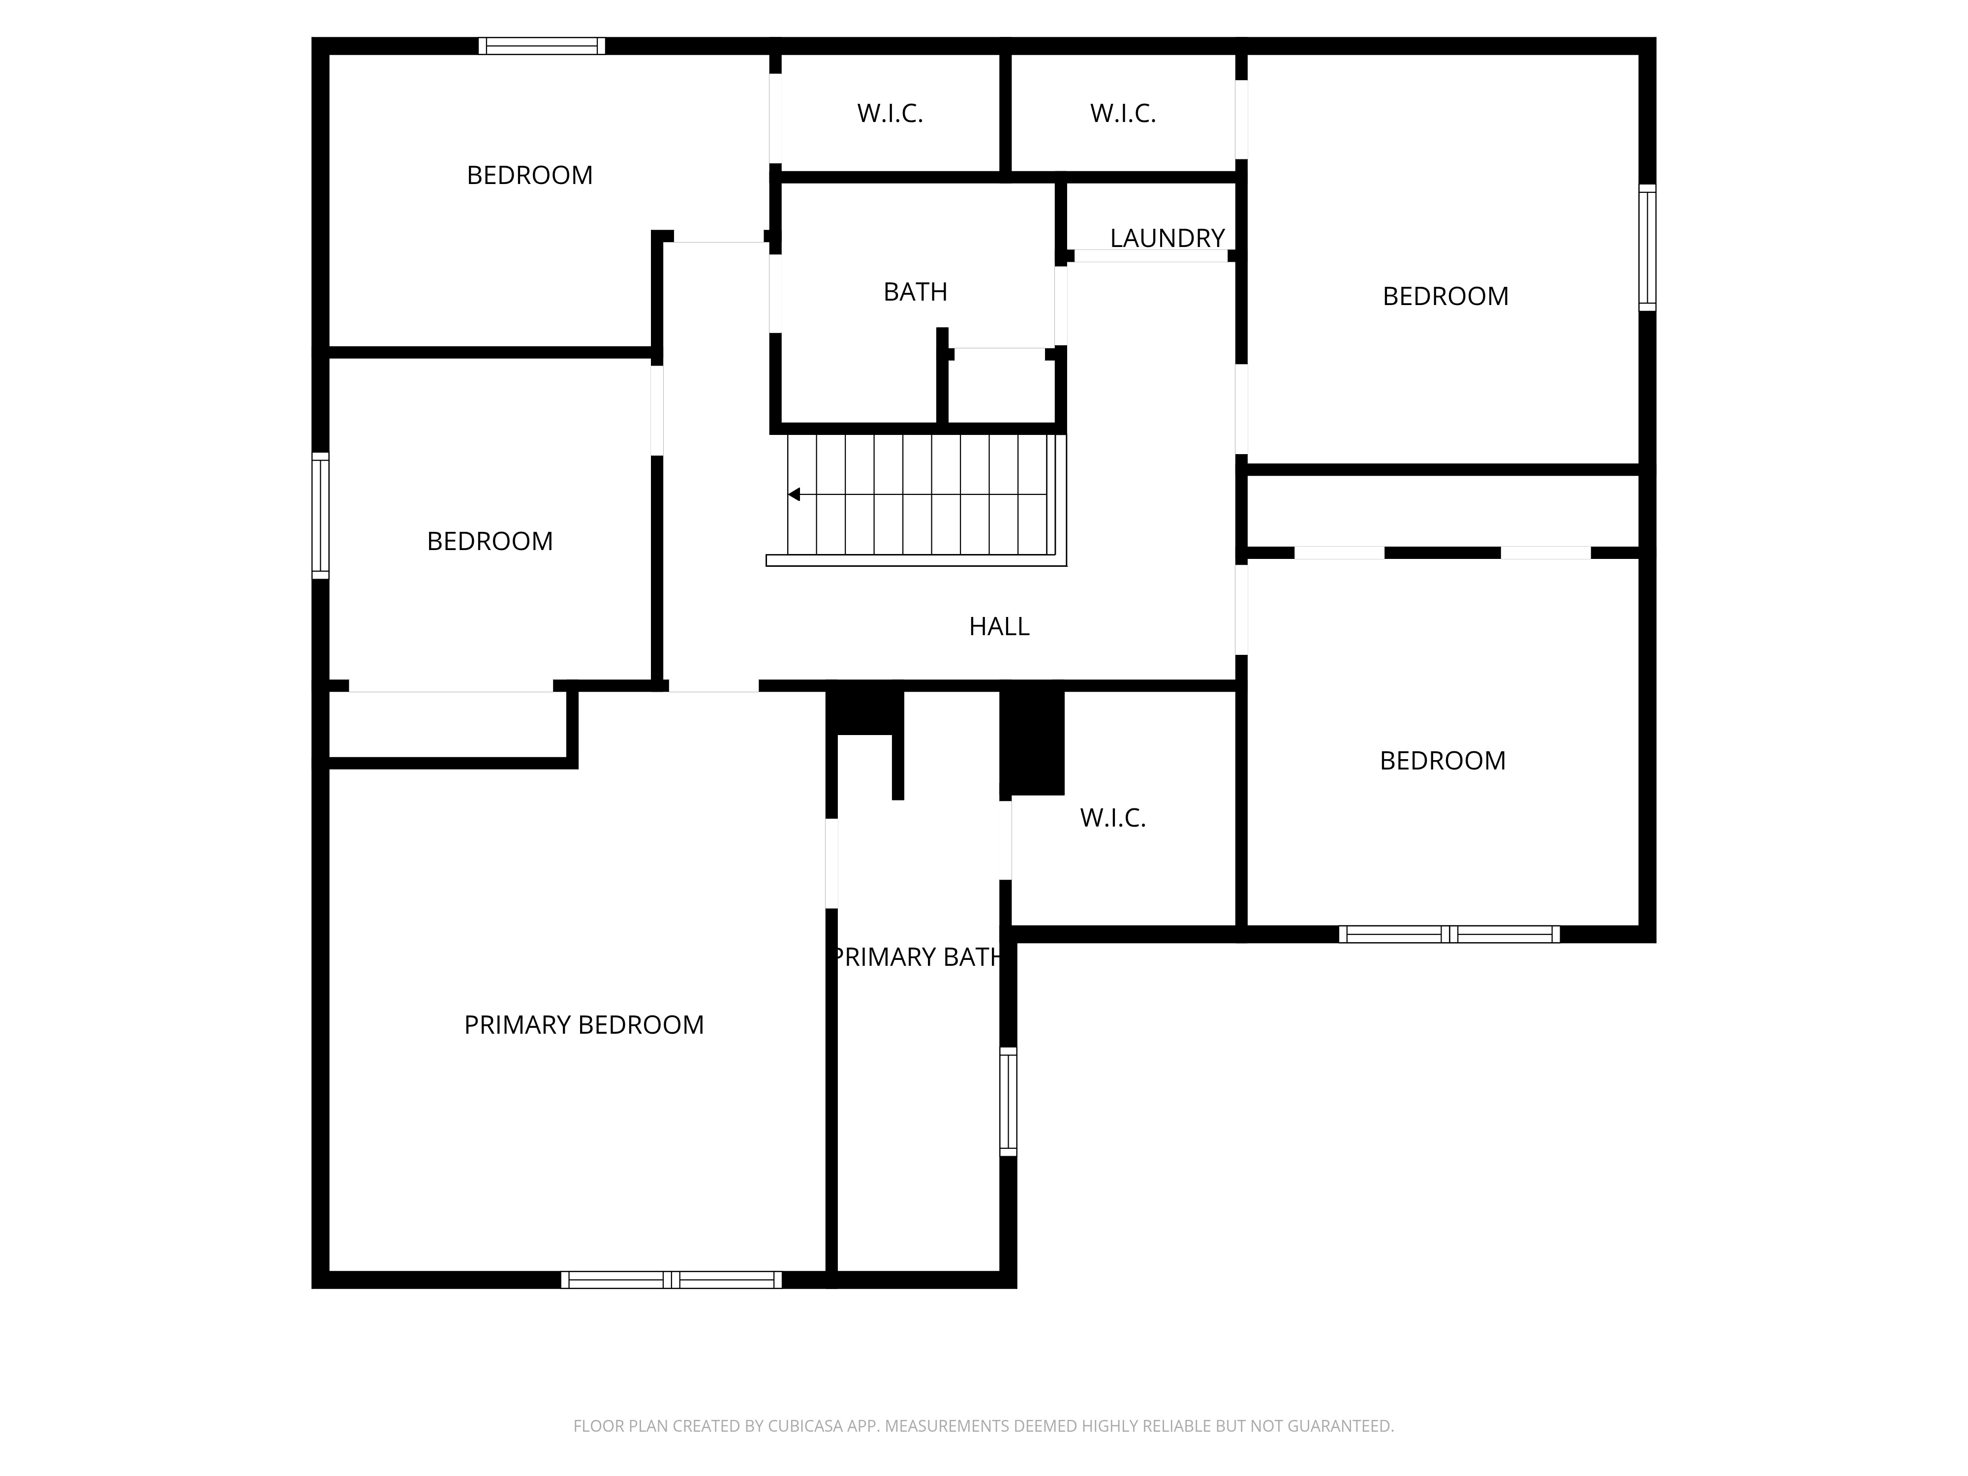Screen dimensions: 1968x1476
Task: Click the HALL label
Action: [999, 626]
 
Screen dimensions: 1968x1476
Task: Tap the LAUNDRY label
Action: [1168, 239]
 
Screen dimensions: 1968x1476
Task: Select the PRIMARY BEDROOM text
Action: [584, 1025]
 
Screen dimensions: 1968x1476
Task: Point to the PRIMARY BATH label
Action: [917, 957]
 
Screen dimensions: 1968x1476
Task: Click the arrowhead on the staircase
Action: [794, 494]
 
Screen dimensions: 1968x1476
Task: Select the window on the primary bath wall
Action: [1008, 1102]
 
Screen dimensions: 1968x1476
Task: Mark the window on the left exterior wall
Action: [320, 516]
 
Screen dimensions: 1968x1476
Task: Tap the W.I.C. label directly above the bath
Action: [890, 114]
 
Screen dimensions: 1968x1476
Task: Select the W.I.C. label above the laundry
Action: [1123, 114]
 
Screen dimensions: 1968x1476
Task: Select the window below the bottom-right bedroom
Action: [1449, 934]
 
